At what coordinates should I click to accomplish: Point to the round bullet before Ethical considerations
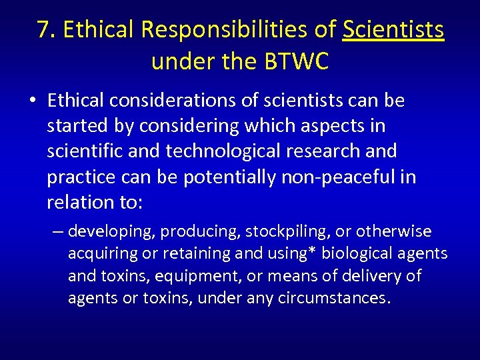(x=33, y=101)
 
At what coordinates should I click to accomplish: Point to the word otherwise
(x=395, y=232)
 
